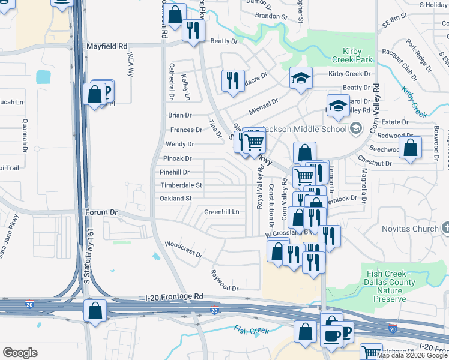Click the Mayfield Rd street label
coord(107,46)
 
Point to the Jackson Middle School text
coord(312,128)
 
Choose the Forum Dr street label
coord(101,212)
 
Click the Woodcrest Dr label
coord(184,248)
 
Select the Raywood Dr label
coord(224,280)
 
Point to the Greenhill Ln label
coord(221,212)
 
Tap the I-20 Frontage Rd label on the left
coord(175,296)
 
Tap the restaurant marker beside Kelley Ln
coord(233,80)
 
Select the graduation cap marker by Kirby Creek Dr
coord(301,77)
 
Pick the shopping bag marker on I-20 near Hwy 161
coord(95,311)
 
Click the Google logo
coord(20,353)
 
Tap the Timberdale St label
coord(181,185)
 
